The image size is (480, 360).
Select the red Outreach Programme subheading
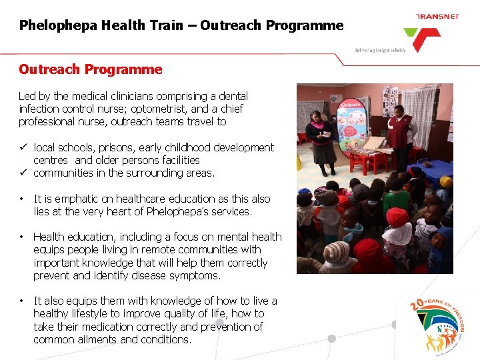(x=90, y=69)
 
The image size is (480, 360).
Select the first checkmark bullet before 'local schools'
(x=23, y=147)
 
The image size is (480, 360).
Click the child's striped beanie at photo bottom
(x=337, y=253)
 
